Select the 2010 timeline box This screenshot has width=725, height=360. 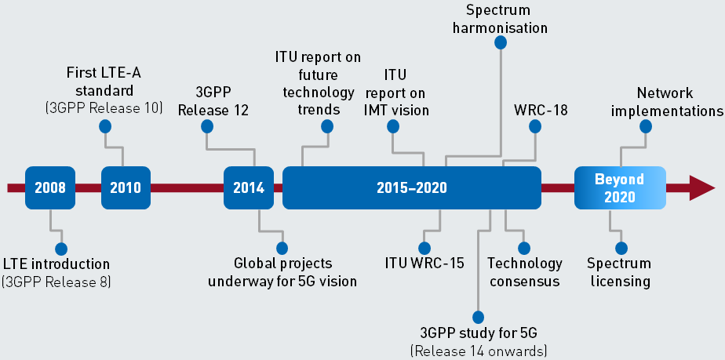coord(126,187)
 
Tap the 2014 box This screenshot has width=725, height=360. coord(249,187)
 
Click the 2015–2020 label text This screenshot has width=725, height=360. coord(411,187)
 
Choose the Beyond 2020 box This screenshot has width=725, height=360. coord(620,187)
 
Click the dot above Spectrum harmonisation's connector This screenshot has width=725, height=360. coord(500,44)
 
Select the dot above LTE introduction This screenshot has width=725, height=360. coord(60,248)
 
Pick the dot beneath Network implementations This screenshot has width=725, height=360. coord(646,125)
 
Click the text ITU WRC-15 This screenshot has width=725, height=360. coord(424,263)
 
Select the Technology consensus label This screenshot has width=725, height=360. coord(525,272)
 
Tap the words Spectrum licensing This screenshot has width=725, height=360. coord(620,272)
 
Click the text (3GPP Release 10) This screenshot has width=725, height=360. coord(104,107)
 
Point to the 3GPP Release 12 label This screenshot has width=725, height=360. coord(213,100)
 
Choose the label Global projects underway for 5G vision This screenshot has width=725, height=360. coord(282,272)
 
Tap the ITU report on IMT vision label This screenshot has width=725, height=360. coord(395,92)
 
